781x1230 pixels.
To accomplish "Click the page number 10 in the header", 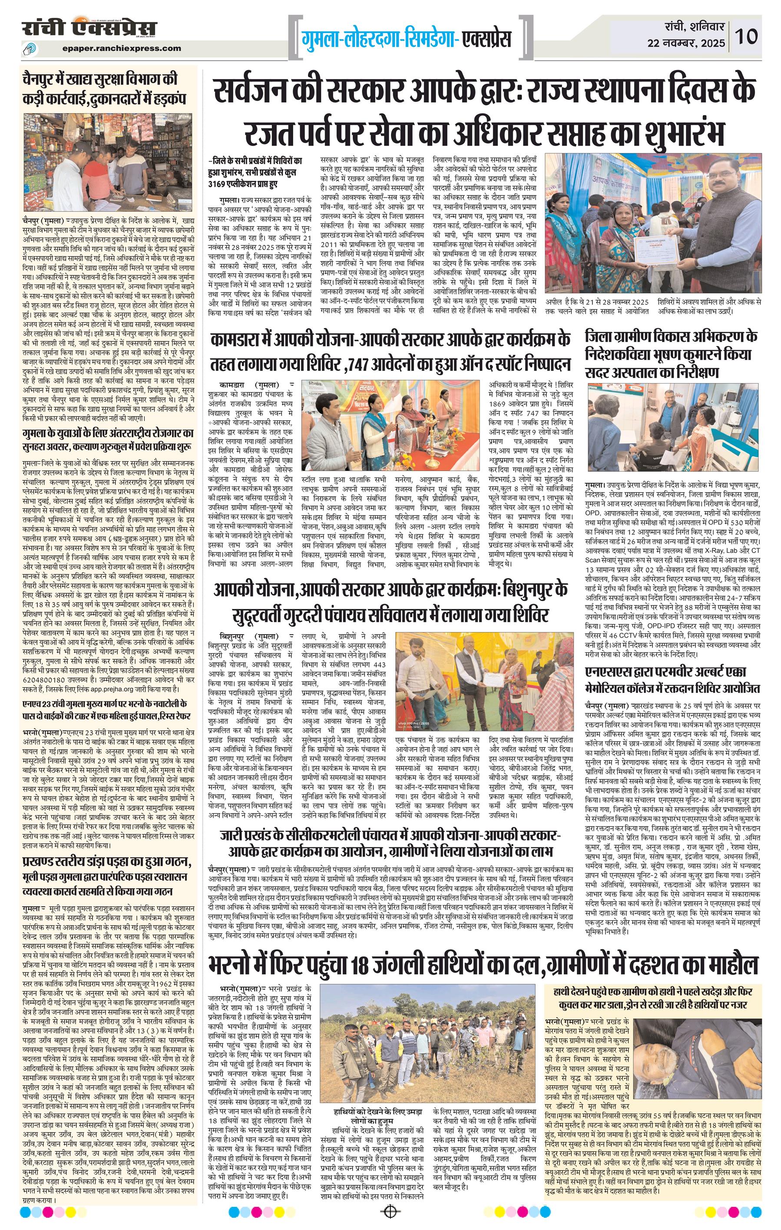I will coord(746,36).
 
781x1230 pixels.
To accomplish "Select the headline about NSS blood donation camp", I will coord(673,679).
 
